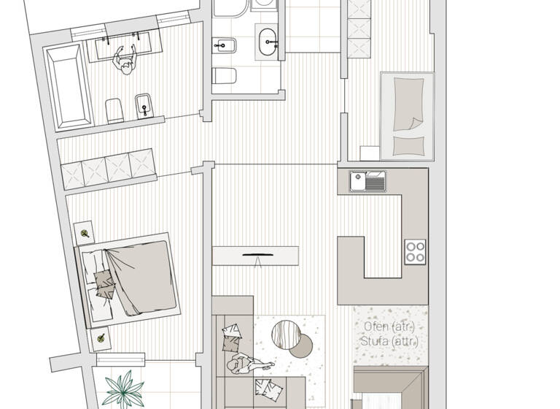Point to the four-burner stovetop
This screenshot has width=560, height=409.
point(416,252)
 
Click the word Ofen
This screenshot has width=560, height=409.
point(371,326)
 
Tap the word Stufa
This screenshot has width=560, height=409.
point(372,341)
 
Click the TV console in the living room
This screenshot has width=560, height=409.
point(255,256)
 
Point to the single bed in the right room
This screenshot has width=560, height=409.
point(407,115)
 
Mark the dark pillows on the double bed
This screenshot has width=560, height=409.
point(104,283)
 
